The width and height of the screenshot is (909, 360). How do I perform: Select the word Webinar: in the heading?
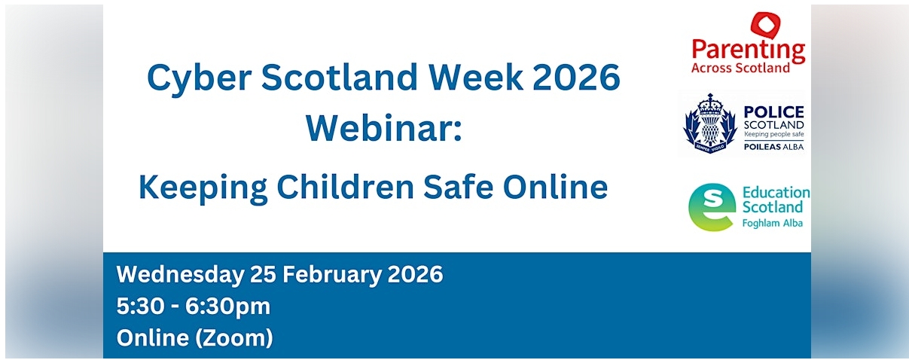click(383, 127)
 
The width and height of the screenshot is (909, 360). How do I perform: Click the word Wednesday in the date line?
click(179, 274)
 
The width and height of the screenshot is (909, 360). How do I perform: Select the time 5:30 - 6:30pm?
click(194, 307)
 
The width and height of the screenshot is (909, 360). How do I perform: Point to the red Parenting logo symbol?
click(766, 27)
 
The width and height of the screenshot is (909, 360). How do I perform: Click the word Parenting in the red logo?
click(748, 51)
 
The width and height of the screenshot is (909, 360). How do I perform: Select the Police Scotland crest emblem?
click(709, 124)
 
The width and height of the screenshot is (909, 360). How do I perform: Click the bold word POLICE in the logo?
click(773, 111)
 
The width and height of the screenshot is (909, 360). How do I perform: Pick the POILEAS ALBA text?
click(773, 146)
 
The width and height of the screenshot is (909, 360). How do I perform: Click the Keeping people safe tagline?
click(773, 134)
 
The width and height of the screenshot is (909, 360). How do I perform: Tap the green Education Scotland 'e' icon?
click(712, 206)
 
